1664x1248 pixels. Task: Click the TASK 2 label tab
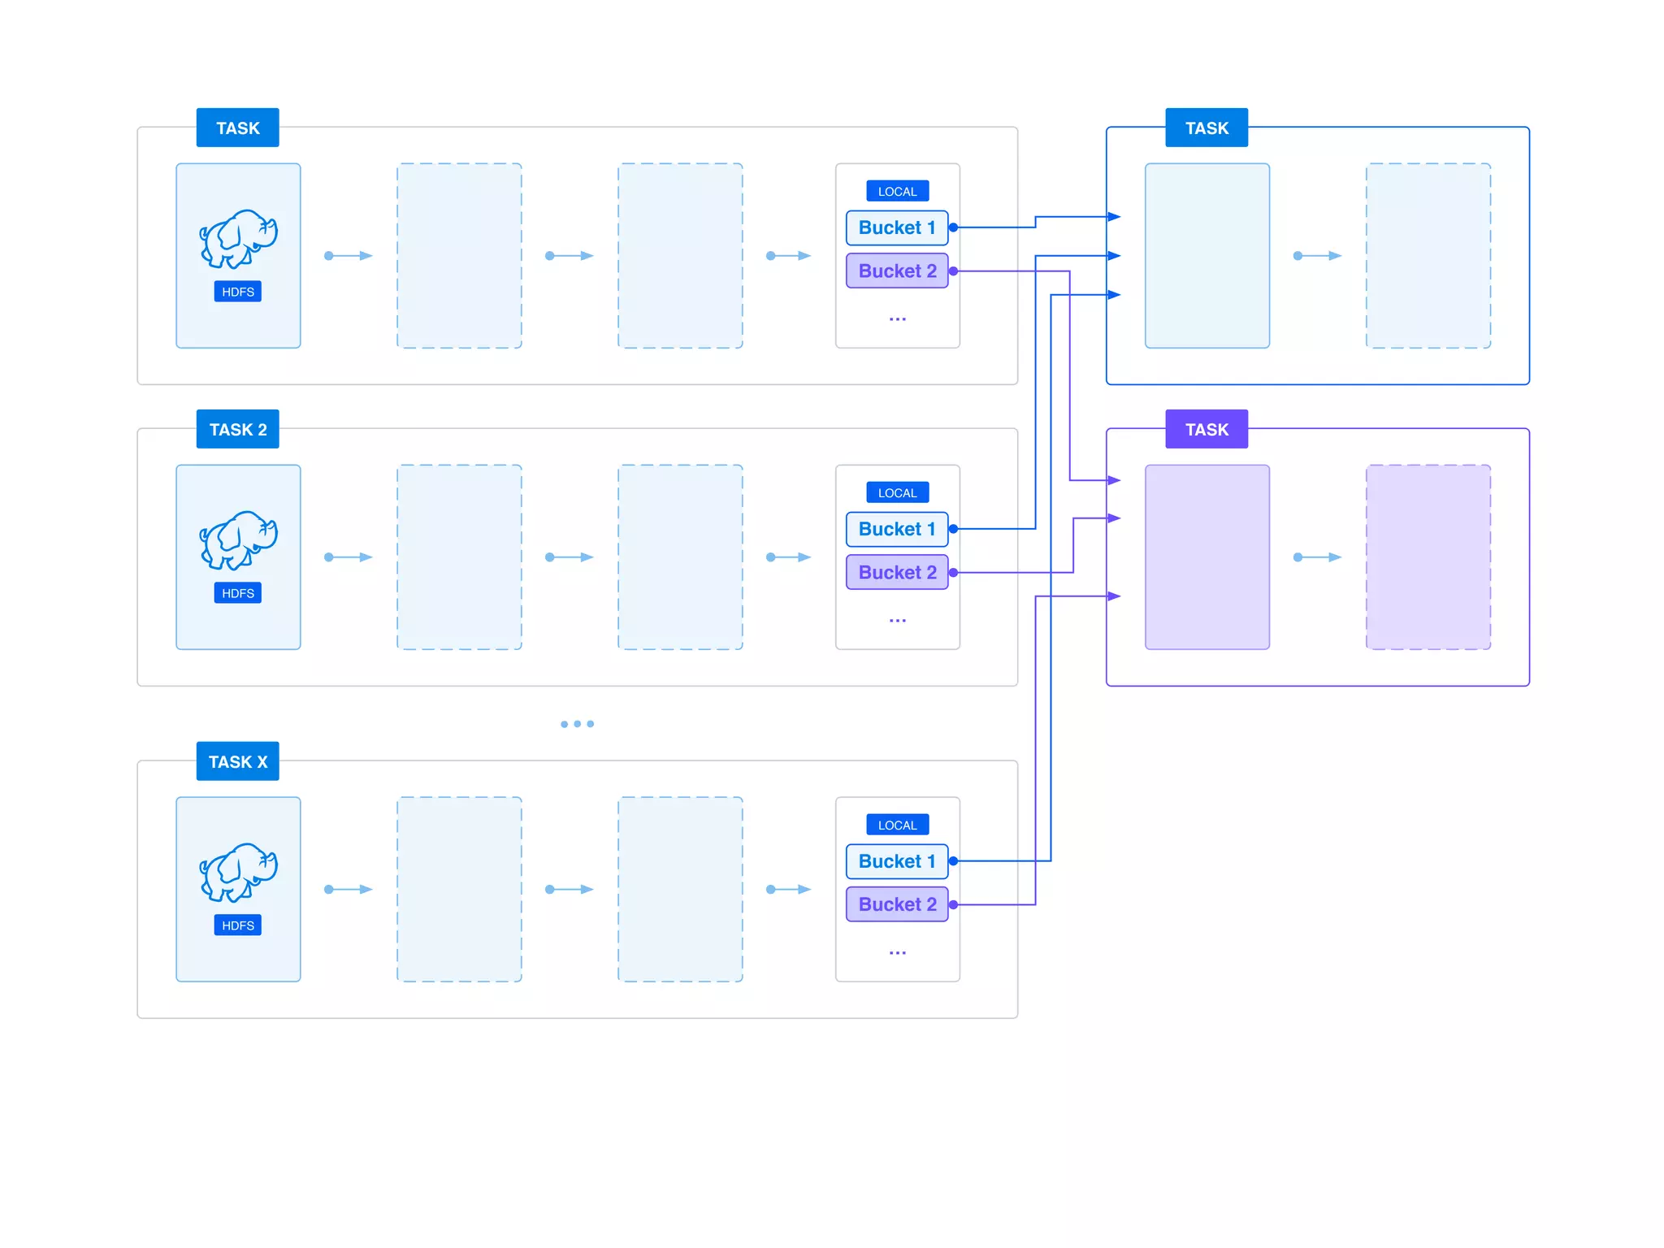(x=237, y=429)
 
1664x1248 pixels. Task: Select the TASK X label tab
(x=237, y=761)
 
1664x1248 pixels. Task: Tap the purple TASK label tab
(x=1206, y=429)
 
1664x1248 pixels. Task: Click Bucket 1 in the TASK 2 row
(x=896, y=529)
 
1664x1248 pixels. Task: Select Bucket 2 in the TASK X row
(x=896, y=904)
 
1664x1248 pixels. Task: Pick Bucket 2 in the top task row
(x=896, y=271)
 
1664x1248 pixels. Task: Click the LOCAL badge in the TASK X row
(x=897, y=825)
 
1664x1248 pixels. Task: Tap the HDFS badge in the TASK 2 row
(x=237, y=593)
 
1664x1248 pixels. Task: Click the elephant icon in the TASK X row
(x=238, y=872)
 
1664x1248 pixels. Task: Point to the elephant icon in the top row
(x=238, y=239)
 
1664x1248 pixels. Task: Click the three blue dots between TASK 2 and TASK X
(x=577, y=724)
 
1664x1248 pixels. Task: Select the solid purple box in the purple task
(x=1207, y=557)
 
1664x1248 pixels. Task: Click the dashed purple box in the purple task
(x=1428, y=557)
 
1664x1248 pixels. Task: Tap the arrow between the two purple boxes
(x=1317, y=557)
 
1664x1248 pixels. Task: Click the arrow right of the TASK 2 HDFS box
(x=349, y=557)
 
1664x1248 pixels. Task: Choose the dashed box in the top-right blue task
(x=1428, y=255)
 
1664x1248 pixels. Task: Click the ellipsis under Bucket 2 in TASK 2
(x=897, y=621)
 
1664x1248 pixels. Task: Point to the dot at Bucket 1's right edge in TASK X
(x=953, y=860)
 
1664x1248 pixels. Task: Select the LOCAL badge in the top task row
(x=897, y=191)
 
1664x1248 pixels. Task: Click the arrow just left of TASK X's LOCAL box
(x=789, y=889)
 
